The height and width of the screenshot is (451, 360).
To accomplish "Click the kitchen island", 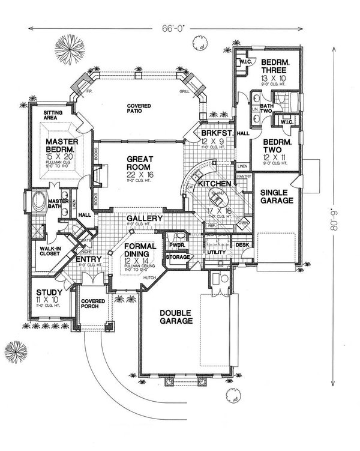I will click(216, 196).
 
